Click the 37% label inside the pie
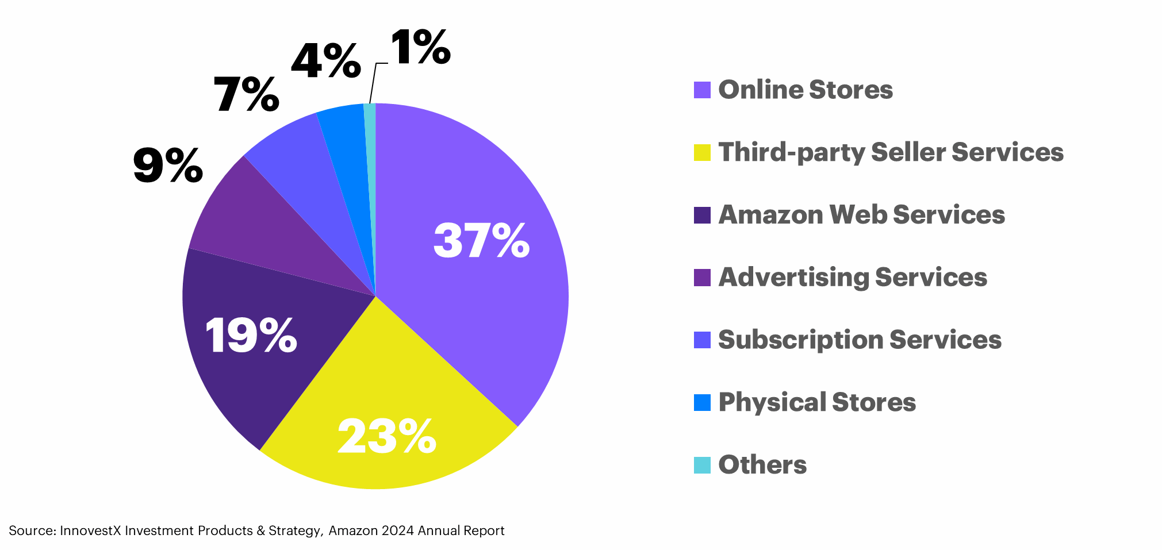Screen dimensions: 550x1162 [x=481, y=240]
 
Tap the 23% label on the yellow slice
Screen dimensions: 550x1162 [x=386, y=437]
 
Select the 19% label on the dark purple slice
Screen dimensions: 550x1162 [x=251, y=335]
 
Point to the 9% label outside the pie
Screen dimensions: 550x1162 [x=168, y=166]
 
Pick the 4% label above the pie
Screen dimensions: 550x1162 [x=326, y=61]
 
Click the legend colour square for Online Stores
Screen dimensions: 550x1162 [x=702, y=90]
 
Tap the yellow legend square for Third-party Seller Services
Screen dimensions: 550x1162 [x=702, y=152]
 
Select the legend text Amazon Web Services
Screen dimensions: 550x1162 [x=861, y=215]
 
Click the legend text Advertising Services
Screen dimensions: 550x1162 [x=853, y=278]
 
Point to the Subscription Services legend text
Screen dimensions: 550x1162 [x=860, y=340]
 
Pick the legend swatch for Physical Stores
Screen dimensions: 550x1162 [x=702, y=402]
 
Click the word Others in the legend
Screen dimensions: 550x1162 [x=762, y=465]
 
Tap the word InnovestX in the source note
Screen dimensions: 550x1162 [x=90, y=530]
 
